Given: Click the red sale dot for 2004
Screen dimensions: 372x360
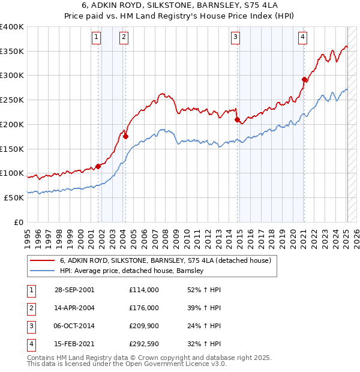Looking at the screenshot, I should click(125, 136).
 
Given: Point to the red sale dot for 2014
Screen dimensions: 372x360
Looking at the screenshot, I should click(237, 120).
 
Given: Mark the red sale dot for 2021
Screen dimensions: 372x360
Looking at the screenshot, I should click(304, 79).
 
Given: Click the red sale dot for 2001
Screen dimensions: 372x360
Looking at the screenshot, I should click(98, 167).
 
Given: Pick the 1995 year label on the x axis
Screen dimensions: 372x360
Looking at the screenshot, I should click(27, 235).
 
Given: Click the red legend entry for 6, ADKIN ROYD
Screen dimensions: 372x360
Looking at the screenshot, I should click(166, 260).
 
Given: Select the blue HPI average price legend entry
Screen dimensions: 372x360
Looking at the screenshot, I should click(132, 271).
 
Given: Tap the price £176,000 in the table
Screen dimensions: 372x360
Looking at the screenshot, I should click(143, 307).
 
